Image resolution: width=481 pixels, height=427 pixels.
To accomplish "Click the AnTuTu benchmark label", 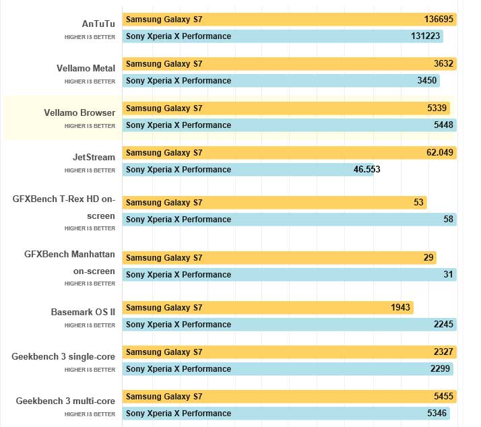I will point(98,23).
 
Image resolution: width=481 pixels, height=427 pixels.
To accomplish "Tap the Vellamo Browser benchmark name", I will point(79,112).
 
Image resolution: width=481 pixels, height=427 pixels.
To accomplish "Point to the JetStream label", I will point(94,157).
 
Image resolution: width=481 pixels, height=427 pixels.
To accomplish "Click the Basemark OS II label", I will point(83,312).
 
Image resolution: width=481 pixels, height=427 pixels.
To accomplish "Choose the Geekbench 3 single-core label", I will point(63,356).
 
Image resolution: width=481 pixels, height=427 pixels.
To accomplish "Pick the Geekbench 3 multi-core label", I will point(65,401).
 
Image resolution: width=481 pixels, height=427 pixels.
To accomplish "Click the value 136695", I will point(439,19).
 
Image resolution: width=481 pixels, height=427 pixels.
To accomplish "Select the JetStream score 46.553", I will point(366,170).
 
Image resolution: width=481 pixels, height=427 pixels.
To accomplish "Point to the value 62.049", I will point(440,153).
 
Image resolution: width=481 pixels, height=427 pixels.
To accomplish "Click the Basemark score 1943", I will point(400,308).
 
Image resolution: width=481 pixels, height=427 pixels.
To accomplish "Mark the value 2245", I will point(443,325).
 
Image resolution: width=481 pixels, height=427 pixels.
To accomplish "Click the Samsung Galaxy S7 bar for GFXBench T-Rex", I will point(274,203).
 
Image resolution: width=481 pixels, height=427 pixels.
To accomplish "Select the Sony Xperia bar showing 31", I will point(289,275).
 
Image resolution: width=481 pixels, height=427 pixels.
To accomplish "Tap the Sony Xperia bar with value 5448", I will point(289,125).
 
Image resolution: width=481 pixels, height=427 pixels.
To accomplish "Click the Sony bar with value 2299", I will point(287,369).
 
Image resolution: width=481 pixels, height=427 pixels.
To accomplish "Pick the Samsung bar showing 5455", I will point(289,397).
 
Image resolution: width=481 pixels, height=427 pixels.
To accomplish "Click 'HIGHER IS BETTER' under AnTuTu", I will point(90,37).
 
